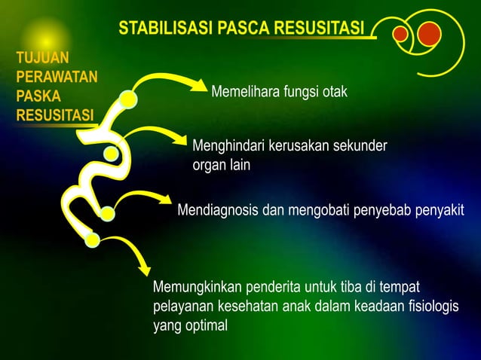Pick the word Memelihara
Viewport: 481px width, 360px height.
tap(245, 93)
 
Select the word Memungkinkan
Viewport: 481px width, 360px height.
tap(194, 288)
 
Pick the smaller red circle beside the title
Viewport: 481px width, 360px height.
tap(400, 34)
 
